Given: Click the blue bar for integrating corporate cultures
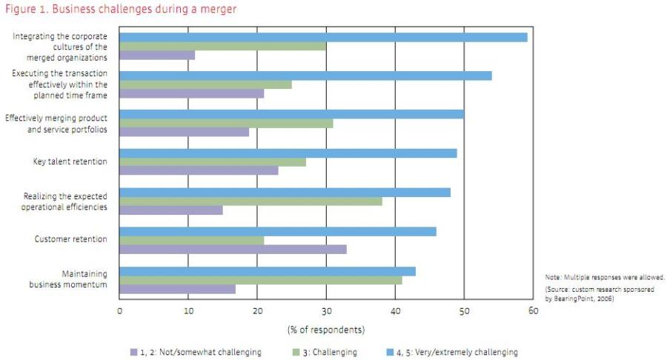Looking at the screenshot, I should point(323,36).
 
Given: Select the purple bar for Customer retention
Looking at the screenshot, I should point(233,249).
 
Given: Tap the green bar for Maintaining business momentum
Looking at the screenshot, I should point(260,280).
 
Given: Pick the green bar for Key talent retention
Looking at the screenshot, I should point(213,161).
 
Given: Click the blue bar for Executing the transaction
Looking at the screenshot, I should point(305,76).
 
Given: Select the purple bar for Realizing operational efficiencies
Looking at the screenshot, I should point(171,210).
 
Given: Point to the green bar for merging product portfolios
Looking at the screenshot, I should point(226,123).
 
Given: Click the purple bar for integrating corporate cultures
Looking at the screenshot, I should point(157,55).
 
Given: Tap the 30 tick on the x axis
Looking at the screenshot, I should point(326,310).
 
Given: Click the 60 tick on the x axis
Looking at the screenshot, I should point(533,310).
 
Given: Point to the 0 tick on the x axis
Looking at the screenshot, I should point(120,310).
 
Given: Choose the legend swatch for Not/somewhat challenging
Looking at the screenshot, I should point(133,352).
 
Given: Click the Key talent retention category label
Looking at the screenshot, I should point(70,161).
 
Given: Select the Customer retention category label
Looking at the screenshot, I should point(71,239).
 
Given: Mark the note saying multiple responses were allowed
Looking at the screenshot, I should point(605,276).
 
